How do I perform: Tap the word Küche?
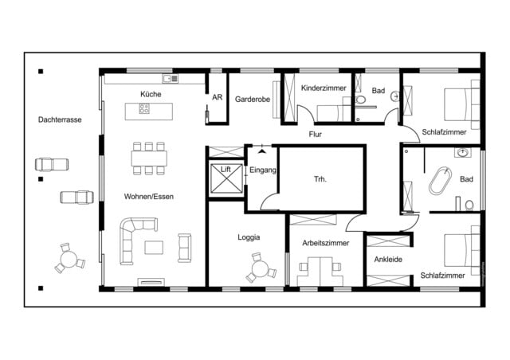[x=150, y=95]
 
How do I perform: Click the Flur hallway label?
[x=316, y=135]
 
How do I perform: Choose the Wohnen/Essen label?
[x=148, y=196]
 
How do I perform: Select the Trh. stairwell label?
[x=320, y=179]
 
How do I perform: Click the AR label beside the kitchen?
[x=217, y=99]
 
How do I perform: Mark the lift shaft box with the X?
[x=223, y=180]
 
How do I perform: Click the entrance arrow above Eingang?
[x=261, y=150]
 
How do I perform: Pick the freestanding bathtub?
[x=439, y=182]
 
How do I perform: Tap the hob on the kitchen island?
[x=144, y=110]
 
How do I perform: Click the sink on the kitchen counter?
[x=169, y=79]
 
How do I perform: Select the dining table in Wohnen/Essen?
[x=148, y=158]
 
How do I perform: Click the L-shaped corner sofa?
[x=131, y=239]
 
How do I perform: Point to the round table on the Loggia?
[x=259, y=268]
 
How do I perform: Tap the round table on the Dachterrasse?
[x=69, y=260]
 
